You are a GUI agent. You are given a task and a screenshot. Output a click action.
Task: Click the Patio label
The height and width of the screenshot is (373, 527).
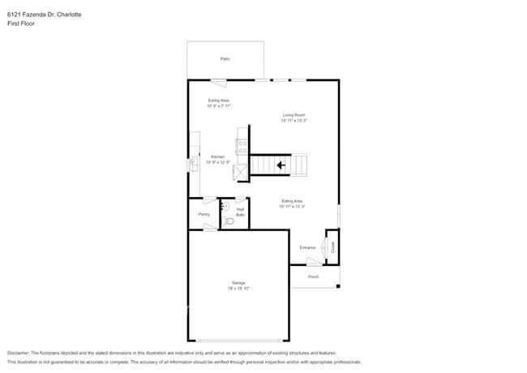[x=225, y=59]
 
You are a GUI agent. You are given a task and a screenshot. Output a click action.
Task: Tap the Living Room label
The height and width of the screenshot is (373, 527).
[x=293, y=115]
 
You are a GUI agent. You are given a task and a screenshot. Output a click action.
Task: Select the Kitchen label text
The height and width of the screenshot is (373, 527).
[x=217, y=156]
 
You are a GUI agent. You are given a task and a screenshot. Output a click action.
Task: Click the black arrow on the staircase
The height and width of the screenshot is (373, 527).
[x=281, y=165]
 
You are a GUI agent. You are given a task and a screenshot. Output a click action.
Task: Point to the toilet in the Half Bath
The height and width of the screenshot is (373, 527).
[x=229, y=220]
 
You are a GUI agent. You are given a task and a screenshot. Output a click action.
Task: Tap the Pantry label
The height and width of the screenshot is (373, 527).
[x=204, y=214]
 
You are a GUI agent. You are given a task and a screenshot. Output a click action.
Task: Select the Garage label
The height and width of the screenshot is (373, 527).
[x=238, y=283]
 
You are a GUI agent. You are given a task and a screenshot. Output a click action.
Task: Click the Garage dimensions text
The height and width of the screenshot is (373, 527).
[x=238, y=289]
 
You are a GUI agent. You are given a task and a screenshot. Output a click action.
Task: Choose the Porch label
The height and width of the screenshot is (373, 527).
[x=313, y=277]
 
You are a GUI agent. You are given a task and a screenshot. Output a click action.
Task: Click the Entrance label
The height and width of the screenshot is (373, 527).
[x=307, y=247]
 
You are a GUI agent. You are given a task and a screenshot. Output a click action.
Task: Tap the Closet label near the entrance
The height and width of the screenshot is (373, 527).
[x=332, y=246]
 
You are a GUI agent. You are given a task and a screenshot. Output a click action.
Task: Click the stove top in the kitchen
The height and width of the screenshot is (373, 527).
[x=242, y=147]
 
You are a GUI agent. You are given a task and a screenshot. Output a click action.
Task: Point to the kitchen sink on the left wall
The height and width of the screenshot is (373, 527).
[x=194, y=164]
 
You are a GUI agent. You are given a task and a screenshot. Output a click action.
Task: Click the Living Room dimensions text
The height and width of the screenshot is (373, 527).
[x=293, y=121]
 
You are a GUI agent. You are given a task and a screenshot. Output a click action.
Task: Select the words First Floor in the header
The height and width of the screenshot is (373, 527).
[x=21, y=24]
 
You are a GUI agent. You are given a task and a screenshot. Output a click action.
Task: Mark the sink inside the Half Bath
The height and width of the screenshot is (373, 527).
[x=225, y=207]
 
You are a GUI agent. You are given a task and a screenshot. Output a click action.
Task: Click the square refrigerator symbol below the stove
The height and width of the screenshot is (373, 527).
[x=241, y=172]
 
